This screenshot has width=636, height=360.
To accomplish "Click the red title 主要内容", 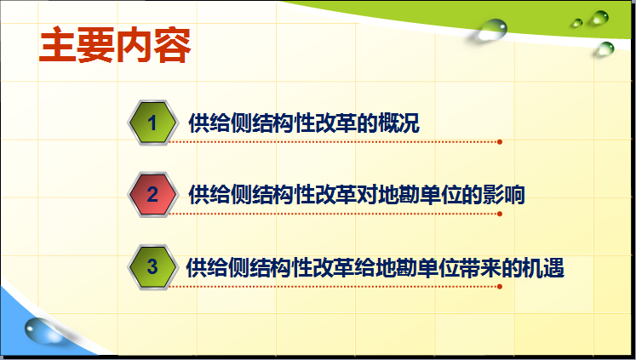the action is [x=115, y=44].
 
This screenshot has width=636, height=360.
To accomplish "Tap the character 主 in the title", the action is [x=57, y=44].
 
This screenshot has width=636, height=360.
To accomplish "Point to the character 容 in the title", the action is [x=173, y=44].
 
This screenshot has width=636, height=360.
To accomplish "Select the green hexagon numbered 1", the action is [x=152, y=123].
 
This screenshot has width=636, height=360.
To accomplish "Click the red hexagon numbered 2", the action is [x=152, y=194].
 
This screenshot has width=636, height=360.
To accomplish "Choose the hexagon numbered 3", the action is [x=152, y=266].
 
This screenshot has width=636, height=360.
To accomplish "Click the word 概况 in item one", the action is [x=398, y=123].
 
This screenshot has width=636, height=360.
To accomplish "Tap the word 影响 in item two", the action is [x=503, y=195].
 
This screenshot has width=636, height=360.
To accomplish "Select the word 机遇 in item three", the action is [x=543, y=267].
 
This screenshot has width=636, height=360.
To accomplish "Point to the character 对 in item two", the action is [x=367, y=195].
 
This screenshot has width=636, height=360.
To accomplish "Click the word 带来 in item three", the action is [x=481, y=267].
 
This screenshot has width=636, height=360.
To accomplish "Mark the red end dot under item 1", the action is [x=500, y=142].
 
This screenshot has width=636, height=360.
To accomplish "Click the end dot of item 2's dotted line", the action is [x=500, y=214].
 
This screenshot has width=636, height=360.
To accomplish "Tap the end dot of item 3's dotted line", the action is [x=500, y=287].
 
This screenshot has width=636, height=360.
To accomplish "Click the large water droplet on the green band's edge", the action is [x=492, y=30].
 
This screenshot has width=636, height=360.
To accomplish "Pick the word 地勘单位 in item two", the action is [x=420, y=195].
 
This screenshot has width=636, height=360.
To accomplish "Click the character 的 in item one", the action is [x=367, y=123].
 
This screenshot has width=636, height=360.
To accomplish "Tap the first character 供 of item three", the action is [x=197, y=267].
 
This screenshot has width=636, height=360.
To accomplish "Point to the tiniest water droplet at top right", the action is [x=576, y=23].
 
